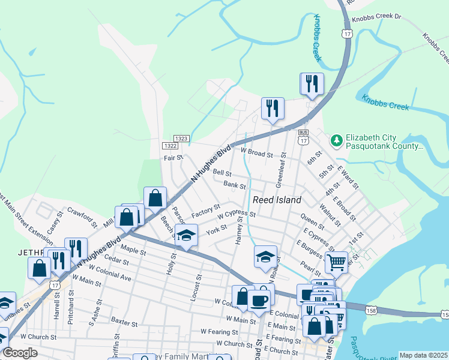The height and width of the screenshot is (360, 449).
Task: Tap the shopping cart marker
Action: pyautogui.click(x=336, y=261)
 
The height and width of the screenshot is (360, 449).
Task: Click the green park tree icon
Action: pyautogui.click(x=337, y=140)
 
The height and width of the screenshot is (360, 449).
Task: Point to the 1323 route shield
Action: pyautogui.click(x=182, y=139)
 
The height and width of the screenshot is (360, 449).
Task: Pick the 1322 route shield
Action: pyautogui.click(x=169, y=146)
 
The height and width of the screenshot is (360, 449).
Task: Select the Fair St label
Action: pyautogui.click(x=173, y=158)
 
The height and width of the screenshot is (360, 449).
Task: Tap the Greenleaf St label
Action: pyautogui.click(x=279, y=169)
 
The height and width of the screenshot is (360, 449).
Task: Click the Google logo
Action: pyautogui.click(x=20, y=353)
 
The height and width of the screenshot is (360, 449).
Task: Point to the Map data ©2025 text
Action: pyautogui.click(x=423, y=355)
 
